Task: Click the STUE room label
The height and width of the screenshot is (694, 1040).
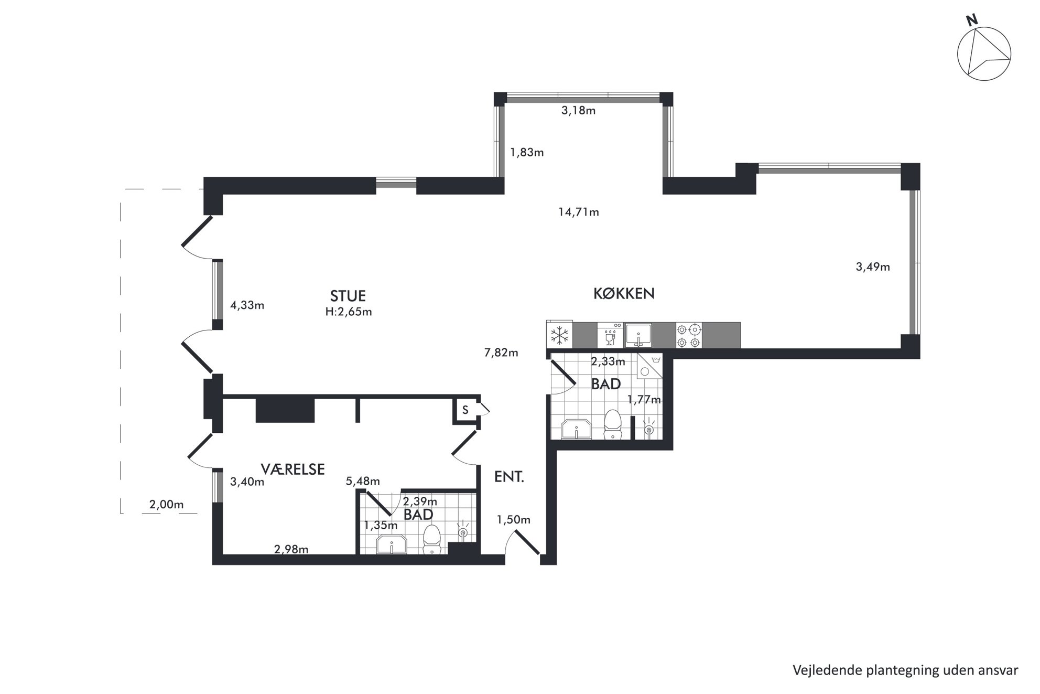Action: (x=348, y=296)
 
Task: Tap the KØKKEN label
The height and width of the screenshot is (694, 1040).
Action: (x=624, y=293)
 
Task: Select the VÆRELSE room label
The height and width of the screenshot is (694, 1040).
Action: (x=292, y=469)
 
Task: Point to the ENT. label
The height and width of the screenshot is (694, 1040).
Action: (x=509, y=477)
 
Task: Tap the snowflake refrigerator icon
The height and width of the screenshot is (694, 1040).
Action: (x=559, y=335)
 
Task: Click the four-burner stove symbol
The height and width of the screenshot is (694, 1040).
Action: (x=689, y=335)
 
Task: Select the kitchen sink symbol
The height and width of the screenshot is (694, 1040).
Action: (x=637, y=335)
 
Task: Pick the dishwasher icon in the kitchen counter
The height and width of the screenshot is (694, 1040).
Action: (x=610, y=335)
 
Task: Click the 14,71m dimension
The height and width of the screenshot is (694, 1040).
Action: (x=579, y=212)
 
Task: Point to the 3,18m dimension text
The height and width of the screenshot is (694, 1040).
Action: (x=579, y=111)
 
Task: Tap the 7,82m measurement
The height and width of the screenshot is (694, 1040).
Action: (x=501, y=353)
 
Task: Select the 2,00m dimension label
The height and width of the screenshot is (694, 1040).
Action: (x=167, y=505)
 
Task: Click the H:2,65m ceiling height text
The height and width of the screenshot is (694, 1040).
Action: (x=349, y=312)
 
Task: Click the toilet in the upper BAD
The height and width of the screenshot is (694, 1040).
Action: (x=612, y=424)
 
